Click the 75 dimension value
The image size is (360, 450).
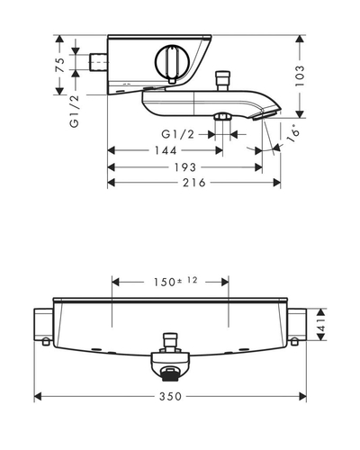[x=60, y=65]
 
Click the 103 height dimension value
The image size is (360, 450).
[x=300, y=76]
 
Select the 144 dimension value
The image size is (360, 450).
[x=166, y=150]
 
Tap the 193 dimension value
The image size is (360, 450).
[x=185, y=167]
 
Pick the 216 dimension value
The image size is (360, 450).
[x=194, y=183]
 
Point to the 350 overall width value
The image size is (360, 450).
[x=170, y=397]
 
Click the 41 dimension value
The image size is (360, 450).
[x=321, y=325]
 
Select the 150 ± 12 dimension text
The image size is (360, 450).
[x=175, y=282]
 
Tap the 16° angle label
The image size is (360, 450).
[x=293, y=136]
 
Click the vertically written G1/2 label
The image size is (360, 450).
[x=75, y=112]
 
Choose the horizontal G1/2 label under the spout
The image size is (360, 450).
[x=178, y=134]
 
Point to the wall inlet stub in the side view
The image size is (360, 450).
[x=98, y=62]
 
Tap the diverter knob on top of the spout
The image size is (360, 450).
[x=223, y=80]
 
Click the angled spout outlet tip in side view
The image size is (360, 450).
[x=265, y=115]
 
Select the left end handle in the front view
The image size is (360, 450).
[x=44, y=325]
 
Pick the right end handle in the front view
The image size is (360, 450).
[x=297, y=325]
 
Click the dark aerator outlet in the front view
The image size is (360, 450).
[x=170, y=375]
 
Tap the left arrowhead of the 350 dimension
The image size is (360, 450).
[x=38, y=397]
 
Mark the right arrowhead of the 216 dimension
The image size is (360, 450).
[x=277, y=183]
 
